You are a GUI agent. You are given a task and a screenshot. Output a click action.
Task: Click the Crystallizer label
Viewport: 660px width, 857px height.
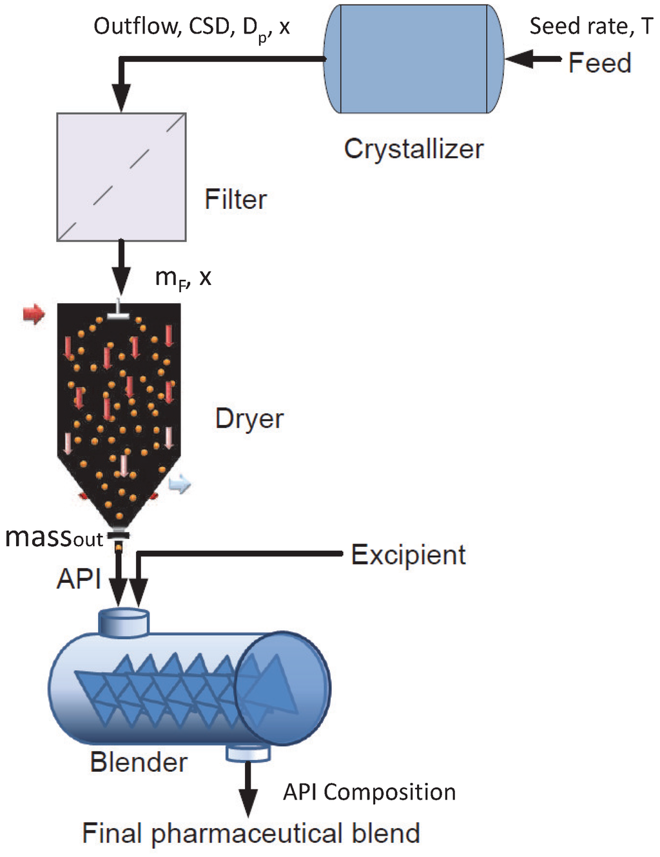point(413,149)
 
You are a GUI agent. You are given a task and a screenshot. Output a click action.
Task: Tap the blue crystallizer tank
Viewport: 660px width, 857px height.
point(413,59)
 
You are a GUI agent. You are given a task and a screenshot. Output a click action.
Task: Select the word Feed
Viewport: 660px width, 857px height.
point(599,63)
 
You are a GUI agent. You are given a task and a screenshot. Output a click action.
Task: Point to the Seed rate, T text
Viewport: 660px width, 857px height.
point(590,26)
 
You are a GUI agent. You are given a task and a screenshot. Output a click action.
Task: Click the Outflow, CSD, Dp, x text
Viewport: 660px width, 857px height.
point(191,27)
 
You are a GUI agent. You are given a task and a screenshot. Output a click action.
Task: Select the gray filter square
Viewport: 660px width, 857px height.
point(121,177)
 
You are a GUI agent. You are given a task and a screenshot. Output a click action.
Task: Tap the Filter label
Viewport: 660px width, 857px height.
point(235,199)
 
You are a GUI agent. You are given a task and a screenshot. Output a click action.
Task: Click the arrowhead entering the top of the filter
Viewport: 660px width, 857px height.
point(121,99)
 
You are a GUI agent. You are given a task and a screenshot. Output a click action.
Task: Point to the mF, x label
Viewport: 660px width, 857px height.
point(183,277)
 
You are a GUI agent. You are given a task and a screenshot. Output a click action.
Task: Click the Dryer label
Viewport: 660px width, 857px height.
point(249,419)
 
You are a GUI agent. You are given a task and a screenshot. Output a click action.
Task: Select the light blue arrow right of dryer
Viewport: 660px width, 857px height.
point(180,484)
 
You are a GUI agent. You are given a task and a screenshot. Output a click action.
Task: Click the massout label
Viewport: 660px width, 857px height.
point(53,537)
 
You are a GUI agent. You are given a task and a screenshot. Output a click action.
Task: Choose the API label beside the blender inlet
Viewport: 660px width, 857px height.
point(79,578)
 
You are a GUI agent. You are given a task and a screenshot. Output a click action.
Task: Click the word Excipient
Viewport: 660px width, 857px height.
point(408,555)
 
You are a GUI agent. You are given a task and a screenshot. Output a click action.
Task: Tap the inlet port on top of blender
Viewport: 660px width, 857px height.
point(124,622)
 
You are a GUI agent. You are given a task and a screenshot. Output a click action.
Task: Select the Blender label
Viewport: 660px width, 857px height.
point(139,762)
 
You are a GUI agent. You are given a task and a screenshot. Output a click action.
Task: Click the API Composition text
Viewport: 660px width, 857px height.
point(369,792)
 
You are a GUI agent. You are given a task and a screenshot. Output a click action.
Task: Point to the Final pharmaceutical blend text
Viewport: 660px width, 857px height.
point(251,833)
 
